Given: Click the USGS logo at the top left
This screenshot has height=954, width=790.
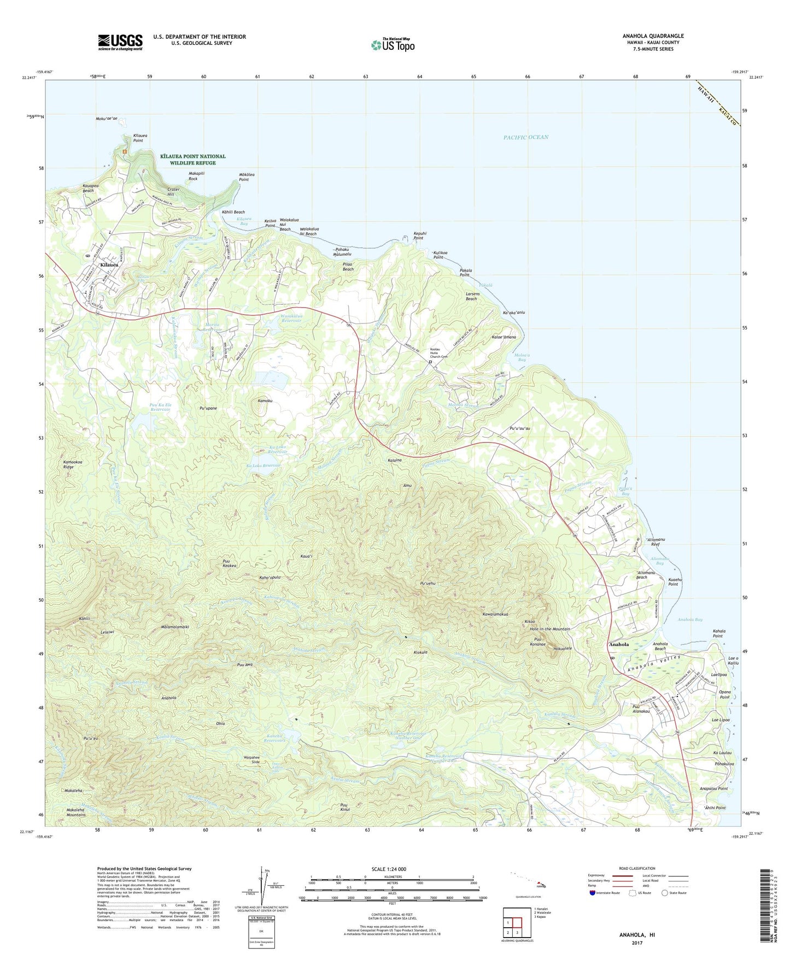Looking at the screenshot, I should click(x=120, y=42).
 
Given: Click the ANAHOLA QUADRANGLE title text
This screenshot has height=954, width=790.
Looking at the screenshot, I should click(x=653, y=36).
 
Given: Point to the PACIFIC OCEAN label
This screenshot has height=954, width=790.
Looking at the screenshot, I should click(x=525, y=137).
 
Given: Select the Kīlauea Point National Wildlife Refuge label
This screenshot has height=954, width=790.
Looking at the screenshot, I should click(x=192, y=160).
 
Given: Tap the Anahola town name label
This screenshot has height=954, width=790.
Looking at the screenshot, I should click(x=619, y=645).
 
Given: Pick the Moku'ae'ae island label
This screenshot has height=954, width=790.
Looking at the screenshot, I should click(x=107, y=119).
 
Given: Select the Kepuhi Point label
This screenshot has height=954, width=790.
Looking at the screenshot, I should click(x=419, y=236).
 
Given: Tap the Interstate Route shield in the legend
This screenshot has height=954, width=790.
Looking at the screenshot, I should click(x=593, y=893).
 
